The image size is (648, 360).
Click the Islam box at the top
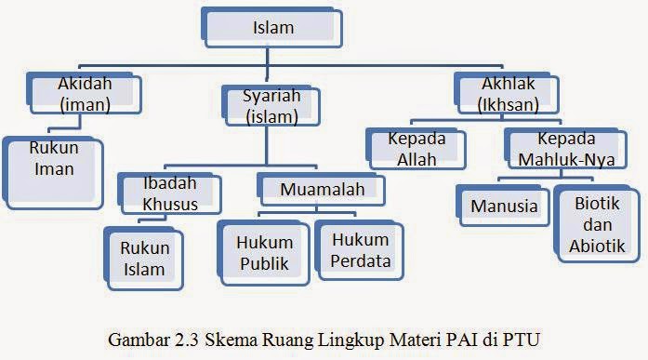tap(272, 28)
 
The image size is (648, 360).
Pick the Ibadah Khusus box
tap(171, 195)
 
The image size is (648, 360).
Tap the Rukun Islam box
tap(145, 259)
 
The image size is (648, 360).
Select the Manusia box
tap(503, 207)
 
